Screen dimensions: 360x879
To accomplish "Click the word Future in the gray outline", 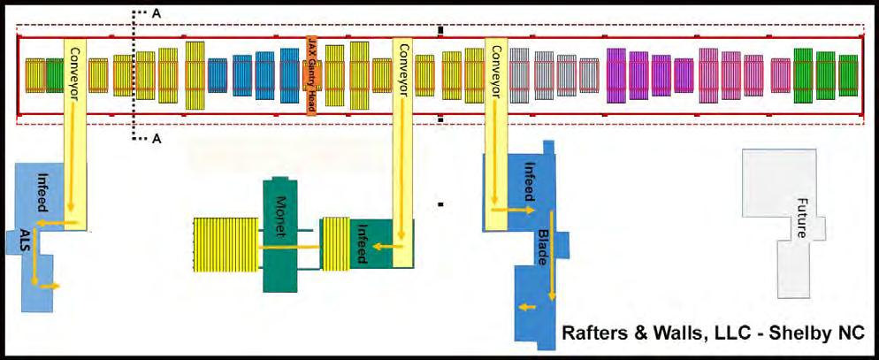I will pos(801,217).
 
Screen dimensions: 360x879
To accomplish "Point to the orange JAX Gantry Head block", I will pos(311,75).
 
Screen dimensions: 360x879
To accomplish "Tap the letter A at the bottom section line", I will pos(157,139).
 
